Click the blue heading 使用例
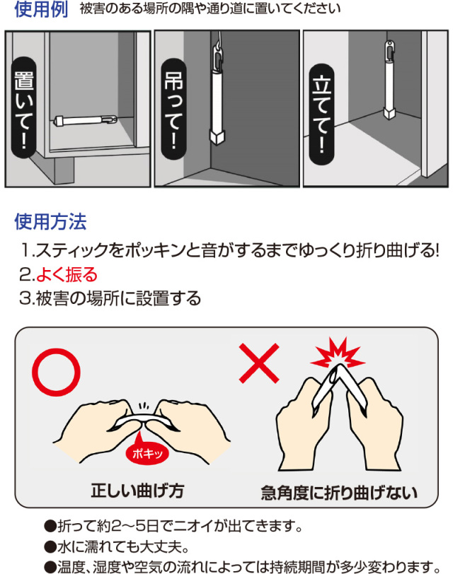click(41, 9)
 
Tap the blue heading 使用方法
click(50, 221)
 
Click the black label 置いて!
click(24, 107)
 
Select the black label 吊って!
click(173, 109)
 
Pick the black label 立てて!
click(321, 114)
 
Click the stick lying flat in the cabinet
click(85, 119)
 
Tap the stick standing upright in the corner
click(389, 80)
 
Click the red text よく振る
click(67, 274)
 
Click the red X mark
click(259, 363)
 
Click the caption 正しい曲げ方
click(137, 491)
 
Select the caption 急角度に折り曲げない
click(339, 493)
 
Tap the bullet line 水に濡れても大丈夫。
click(117, 547)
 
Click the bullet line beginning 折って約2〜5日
click(173, 527)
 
